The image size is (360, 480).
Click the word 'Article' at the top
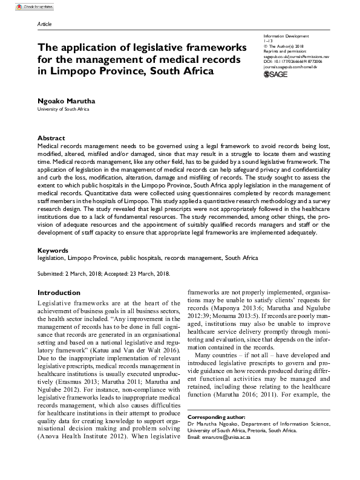[45, 24]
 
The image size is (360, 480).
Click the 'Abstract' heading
[51, 138]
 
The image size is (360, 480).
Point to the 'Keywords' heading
[53, 250]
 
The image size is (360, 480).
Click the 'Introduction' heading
[59, 293]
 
